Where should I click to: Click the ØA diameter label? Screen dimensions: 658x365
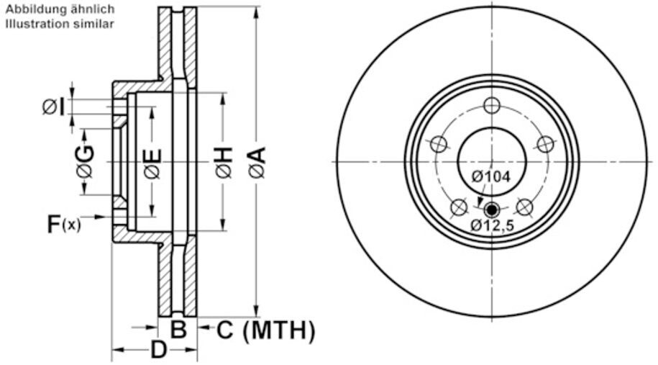point(257,162)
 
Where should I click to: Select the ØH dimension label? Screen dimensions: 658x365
point(224,162)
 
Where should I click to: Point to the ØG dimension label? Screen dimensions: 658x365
point(85,161)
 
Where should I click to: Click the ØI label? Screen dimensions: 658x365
point(54,107)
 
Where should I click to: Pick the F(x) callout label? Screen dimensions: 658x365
point(63,224)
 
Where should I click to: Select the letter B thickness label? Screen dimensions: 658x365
point(178,329)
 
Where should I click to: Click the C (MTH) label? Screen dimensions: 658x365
point(265,330)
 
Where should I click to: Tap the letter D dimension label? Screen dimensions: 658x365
point(159,349)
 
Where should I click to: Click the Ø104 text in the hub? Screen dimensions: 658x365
point(491,176)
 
